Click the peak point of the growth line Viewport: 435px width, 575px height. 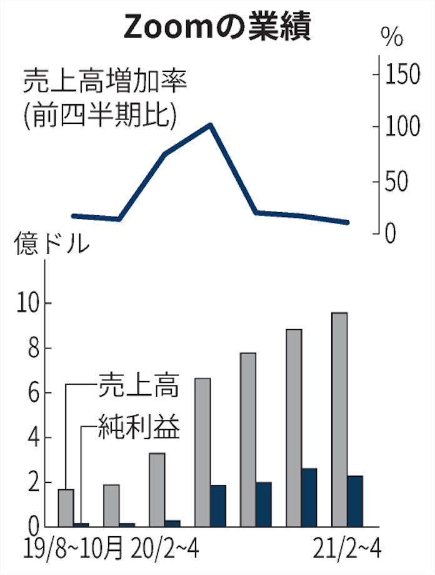(x=211, y=125)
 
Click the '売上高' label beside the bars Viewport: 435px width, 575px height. (x=138, y=386)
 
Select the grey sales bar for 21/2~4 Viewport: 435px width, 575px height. (x=339, y=419)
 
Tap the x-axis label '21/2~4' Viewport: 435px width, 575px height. (x=346, y=552)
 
